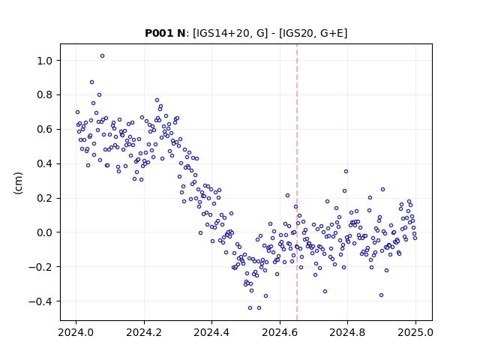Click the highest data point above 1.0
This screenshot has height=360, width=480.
tap(102, 56)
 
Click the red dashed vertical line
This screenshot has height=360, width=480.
tap(297, 182)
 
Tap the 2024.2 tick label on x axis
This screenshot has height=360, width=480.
tap(144, 332)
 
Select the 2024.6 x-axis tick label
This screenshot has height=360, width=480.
tap(280, 332)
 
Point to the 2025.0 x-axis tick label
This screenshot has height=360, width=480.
tap(415, 332)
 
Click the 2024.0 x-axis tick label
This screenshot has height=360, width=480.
tap(76, 332)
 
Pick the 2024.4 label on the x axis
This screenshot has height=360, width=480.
tap(211, 332)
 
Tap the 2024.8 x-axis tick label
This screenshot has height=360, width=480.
tap(347, 332)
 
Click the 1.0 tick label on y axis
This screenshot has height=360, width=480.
tap(45, 61)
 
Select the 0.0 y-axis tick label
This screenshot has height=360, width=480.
tap(45, 232)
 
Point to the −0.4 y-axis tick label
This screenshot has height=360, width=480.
tap(40, 301)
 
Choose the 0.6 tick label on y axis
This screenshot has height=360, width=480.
tap(45, 130)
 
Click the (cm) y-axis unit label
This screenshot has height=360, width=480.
tap(18, 183)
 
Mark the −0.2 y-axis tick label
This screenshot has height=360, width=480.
tap(40, 267)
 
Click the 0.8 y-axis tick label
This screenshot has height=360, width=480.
tap(45, 95)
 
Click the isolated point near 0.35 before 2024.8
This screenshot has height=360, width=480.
tap(346, 172)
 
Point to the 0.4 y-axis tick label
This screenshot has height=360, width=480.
tap(45, 164)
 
